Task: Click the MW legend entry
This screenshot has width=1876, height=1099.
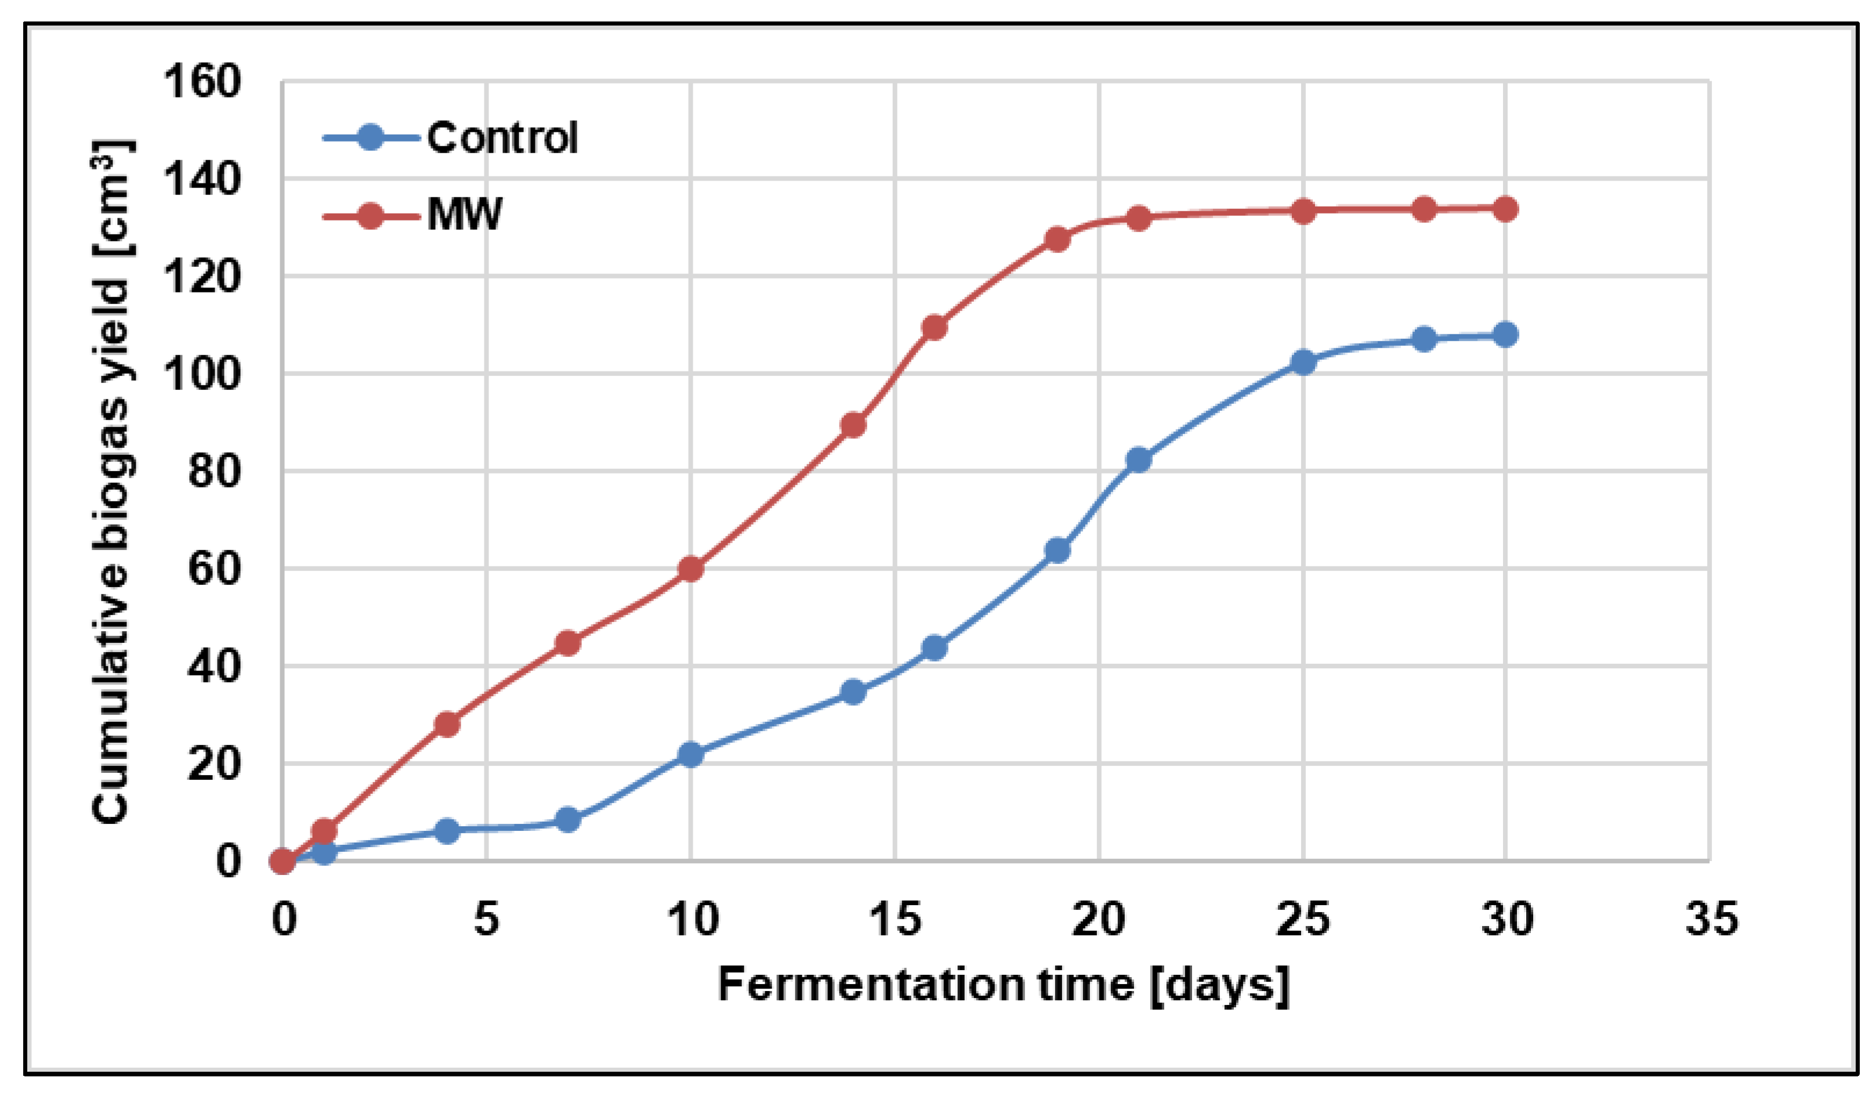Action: tap(412, 216)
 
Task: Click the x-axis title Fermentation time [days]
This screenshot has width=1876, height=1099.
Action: tap(1003, 986)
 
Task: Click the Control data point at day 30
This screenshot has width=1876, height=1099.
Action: tap(1505, 334)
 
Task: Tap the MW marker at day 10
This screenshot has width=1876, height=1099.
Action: tap(691, 569)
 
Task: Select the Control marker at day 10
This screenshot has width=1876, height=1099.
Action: tap(691, 754)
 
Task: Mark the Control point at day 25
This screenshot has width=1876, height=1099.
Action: tap(1303, 363)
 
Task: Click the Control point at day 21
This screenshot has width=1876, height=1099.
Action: tap(1138, 460)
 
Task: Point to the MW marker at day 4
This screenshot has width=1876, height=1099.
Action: tap(447, 724)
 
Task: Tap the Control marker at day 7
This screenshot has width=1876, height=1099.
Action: tap(568, 820)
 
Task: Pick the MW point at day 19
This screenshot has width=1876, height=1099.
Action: tap(1057, 240)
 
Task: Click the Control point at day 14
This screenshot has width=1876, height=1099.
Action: tap(853, 692)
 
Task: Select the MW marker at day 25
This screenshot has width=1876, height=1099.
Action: tap(1303, 211)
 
